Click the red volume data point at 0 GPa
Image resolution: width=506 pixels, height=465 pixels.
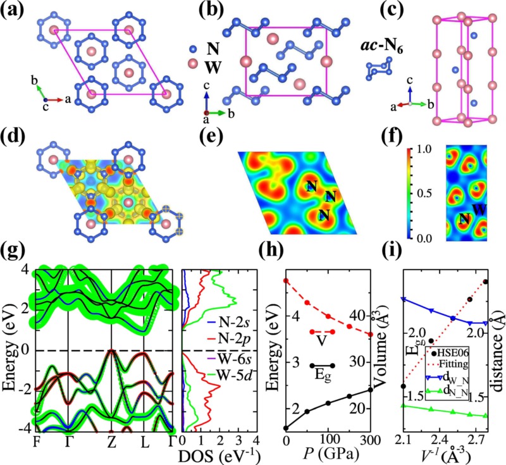(x=286, y=280)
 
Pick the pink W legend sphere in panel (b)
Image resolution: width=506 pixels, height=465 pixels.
(x=194, y=64)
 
